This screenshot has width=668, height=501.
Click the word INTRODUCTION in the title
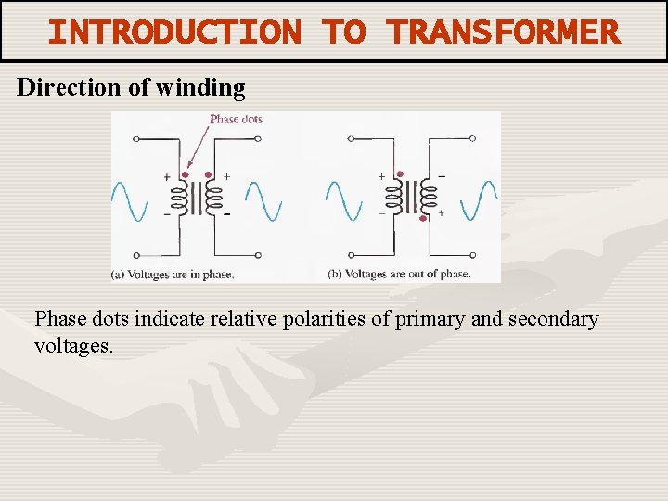[x=174, y=32]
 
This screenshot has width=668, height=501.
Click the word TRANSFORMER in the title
[x=504, y=32]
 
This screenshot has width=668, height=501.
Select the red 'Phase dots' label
[x=236, y=119]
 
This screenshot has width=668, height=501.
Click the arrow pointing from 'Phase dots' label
[x=198, y=148]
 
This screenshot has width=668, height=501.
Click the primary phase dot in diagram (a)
[x=185, y=174]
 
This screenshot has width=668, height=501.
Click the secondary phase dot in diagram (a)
[x=209, y=174]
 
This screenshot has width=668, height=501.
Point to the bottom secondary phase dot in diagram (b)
[x=423, y=220]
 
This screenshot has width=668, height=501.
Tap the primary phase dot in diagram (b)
[x=400, y=174]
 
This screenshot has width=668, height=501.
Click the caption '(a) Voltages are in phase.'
[x=173, y=275]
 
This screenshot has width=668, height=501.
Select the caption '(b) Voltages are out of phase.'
[x=399, y=275]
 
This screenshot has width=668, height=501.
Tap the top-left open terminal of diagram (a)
[x=136, y=139]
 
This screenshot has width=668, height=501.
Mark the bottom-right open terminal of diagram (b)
[x=472, y=255]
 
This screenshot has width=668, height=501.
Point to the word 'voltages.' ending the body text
[x=73, y=346]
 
